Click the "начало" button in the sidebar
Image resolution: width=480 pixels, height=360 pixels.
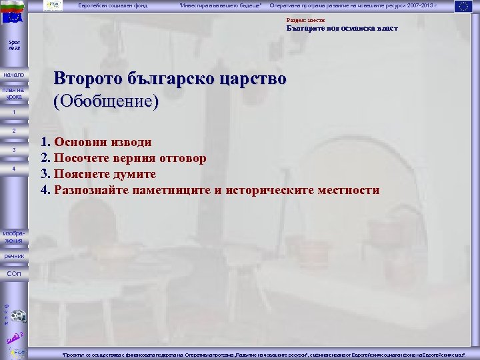tap(13, 75)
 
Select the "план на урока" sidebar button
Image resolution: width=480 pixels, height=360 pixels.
tap(13, 93)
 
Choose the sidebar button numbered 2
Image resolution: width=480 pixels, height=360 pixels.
tap(13, 131)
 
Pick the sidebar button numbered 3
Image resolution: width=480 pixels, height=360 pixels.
tap(13, 150)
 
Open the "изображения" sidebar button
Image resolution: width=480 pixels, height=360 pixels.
tap(13, 237)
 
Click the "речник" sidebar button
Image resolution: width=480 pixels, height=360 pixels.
tap(13, 256)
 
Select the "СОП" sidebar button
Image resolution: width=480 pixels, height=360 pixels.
tap(13, 274)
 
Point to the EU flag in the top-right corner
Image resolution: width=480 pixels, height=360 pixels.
tap(463, 7)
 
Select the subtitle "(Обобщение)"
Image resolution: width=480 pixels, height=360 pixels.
tap(107, 101)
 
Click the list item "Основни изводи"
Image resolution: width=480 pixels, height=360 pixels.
tap(103, 142)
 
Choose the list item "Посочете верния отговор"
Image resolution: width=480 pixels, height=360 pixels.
tap(130, 158)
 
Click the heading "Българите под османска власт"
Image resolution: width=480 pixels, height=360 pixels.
tap(342, 29)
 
